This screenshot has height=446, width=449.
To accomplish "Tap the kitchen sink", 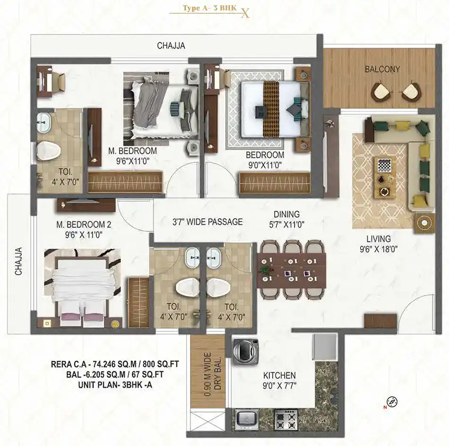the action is click(x=247, y=419).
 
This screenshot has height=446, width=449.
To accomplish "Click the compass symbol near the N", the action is click(x=392, y=402).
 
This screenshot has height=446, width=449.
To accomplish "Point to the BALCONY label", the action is click(x=382, y=69).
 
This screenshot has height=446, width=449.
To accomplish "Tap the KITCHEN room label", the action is click(x=279, y=375).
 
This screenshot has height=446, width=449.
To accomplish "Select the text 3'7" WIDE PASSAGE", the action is click(x=207, y=222).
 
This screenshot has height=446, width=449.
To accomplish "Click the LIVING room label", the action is click(x=379, y=239).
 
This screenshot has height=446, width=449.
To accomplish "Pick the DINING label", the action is click(x=286, y=214).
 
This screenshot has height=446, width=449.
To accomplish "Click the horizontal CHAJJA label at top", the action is click(x=171, y=45).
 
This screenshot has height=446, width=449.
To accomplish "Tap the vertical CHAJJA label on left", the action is click(x=18, y=261).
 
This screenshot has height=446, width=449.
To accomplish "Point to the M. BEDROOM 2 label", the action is click(x=84, y=225).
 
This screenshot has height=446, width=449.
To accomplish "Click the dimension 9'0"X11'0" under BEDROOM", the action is click(x=265, y=165).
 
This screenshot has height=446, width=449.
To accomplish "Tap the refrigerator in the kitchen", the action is click(x=325, y=347).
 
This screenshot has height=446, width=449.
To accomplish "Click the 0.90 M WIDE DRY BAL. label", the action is click(x=213, y=374).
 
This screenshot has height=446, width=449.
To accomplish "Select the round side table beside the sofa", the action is click(x=424, y=223).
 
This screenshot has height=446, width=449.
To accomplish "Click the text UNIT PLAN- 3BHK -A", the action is click(x=115, y=385).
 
